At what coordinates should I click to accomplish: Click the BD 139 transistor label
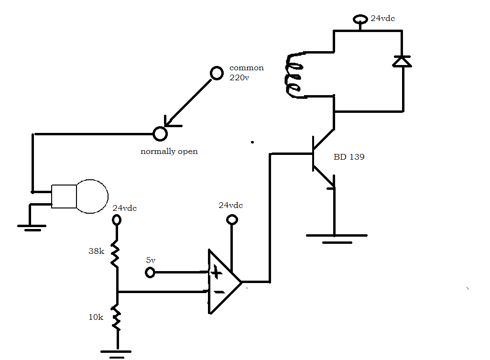point(349,156)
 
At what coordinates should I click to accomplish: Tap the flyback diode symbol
point(402,61)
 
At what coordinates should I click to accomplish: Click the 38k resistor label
point(96,251)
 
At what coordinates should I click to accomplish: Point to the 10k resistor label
point(96,317)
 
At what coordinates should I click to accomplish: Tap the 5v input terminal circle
point(150,273)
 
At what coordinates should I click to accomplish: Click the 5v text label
point(151,261)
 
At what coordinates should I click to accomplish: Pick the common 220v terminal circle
point(217,73)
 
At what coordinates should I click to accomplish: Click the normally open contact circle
point(160,134)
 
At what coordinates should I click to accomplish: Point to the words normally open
point(169,152)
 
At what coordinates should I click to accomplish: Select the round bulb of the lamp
point(92,196)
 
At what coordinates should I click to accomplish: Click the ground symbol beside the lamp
point(32,227)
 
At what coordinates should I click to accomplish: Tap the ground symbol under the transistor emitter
point(336,238)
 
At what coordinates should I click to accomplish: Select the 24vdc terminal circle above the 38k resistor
point(116,219)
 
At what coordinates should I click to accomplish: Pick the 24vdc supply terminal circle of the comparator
point(232,219)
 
